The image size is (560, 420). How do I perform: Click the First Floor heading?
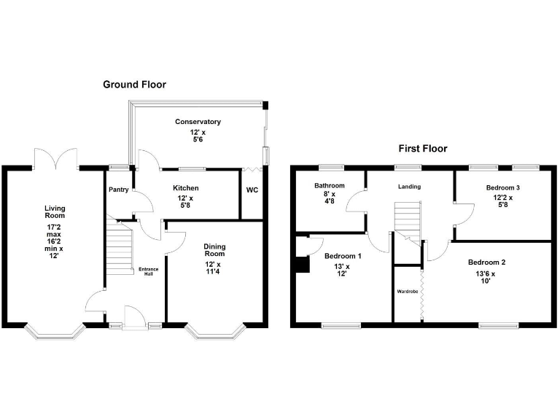[422, 149]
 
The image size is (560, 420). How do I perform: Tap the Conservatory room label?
[198, 122]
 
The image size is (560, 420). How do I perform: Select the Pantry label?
[118, 190]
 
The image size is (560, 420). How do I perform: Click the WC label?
[252, 190]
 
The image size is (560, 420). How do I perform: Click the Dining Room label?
[214, 251]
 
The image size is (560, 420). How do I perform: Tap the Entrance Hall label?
[148, 272]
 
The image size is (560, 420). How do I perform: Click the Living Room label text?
[55, 212]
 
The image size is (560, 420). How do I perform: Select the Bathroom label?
[330, 186]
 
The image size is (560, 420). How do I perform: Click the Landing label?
[409, 187]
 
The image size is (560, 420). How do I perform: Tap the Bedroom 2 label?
[487, 262]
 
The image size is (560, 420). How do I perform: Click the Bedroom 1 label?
[343, 257]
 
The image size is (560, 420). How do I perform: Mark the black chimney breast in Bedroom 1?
[300, 263]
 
